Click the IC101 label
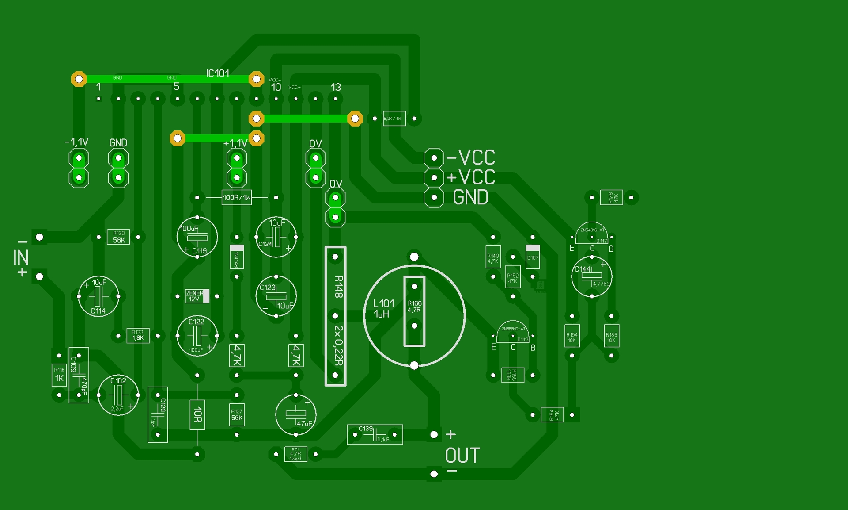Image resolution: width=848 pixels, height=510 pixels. click(217, 73)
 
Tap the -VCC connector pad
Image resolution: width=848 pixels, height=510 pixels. click(434, 158)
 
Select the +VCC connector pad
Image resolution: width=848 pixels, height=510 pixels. click(434, 178)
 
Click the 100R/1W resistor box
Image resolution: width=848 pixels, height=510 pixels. click(237, 198)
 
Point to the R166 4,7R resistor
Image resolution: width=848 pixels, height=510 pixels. click(414, 311)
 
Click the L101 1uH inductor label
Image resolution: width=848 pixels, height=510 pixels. click(383, 308)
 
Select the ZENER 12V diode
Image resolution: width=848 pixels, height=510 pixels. click(197, 296)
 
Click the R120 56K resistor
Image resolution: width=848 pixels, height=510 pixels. click(118, 237)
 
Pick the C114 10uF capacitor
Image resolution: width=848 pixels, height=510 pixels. click(98, 296)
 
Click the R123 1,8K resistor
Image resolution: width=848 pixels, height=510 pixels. click(138, 335)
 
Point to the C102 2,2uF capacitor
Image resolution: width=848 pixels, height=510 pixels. click(118, 395)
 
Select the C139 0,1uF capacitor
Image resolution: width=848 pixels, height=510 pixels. click(375, 435)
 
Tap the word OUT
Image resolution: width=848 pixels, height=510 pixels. click(462, 456)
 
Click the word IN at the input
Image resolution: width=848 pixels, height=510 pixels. click(21, 257)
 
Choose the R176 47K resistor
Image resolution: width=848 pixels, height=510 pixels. click(611, 197)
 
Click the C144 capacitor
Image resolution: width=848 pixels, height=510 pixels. click(591, 276)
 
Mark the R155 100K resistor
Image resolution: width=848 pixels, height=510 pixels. click(513, 375)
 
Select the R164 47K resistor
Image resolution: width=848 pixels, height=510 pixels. click(552, 415)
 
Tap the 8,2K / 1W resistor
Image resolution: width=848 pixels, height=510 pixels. click(394, 119)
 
